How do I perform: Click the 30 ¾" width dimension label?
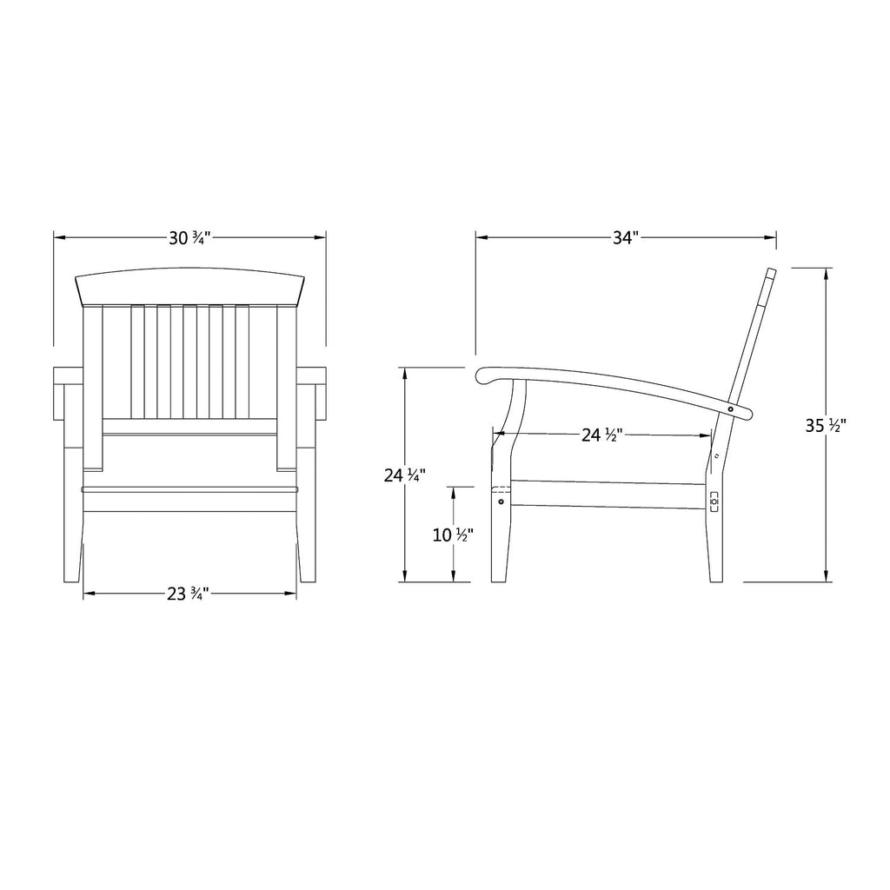tap(190, 238)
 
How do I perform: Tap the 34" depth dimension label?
tap(626, 238)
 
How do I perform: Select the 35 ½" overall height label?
tap(826, 426)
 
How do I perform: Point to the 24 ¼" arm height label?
tap(405, 475)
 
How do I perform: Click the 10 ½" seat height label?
tap(453, 535)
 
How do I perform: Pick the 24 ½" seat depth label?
tap(602, 435)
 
